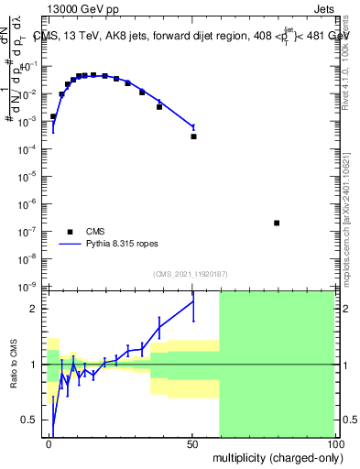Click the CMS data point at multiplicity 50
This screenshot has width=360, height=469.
click(x=193, y=136)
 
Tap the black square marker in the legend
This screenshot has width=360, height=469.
click(x=70, y=232)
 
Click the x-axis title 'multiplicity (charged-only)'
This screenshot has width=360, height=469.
click(x=274, y=456)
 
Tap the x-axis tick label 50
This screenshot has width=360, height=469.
click(x=193, y=444)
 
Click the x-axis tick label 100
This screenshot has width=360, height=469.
click(x=334, y=444)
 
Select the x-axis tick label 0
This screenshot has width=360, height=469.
click(x=49, y=444)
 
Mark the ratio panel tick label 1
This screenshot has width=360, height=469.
click(x=36, y=365)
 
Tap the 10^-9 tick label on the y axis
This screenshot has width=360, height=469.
click(x=30, y=287)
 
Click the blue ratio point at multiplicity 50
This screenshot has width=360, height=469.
click(x=193, y=301)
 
